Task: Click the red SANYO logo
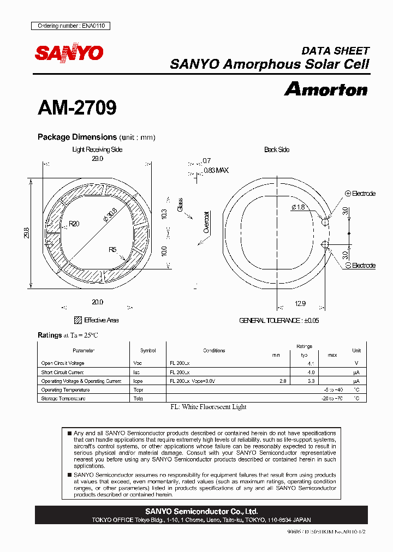(x=69, y=53)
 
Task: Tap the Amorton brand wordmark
(x=326, y=89)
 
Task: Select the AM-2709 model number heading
(x=77, y=108)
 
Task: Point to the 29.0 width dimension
(x=97, y=158)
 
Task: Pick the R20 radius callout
(x=74, y=224)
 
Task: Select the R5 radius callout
(x=112, y=250)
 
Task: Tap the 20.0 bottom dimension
(x=97, y=302)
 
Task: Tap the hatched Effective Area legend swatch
(x=78, y=320)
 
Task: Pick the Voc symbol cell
(x=138, y=363)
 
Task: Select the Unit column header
(x=356, y=351)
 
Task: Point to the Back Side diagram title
(x=277, y=149)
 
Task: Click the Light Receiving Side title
(x=97, y=149)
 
